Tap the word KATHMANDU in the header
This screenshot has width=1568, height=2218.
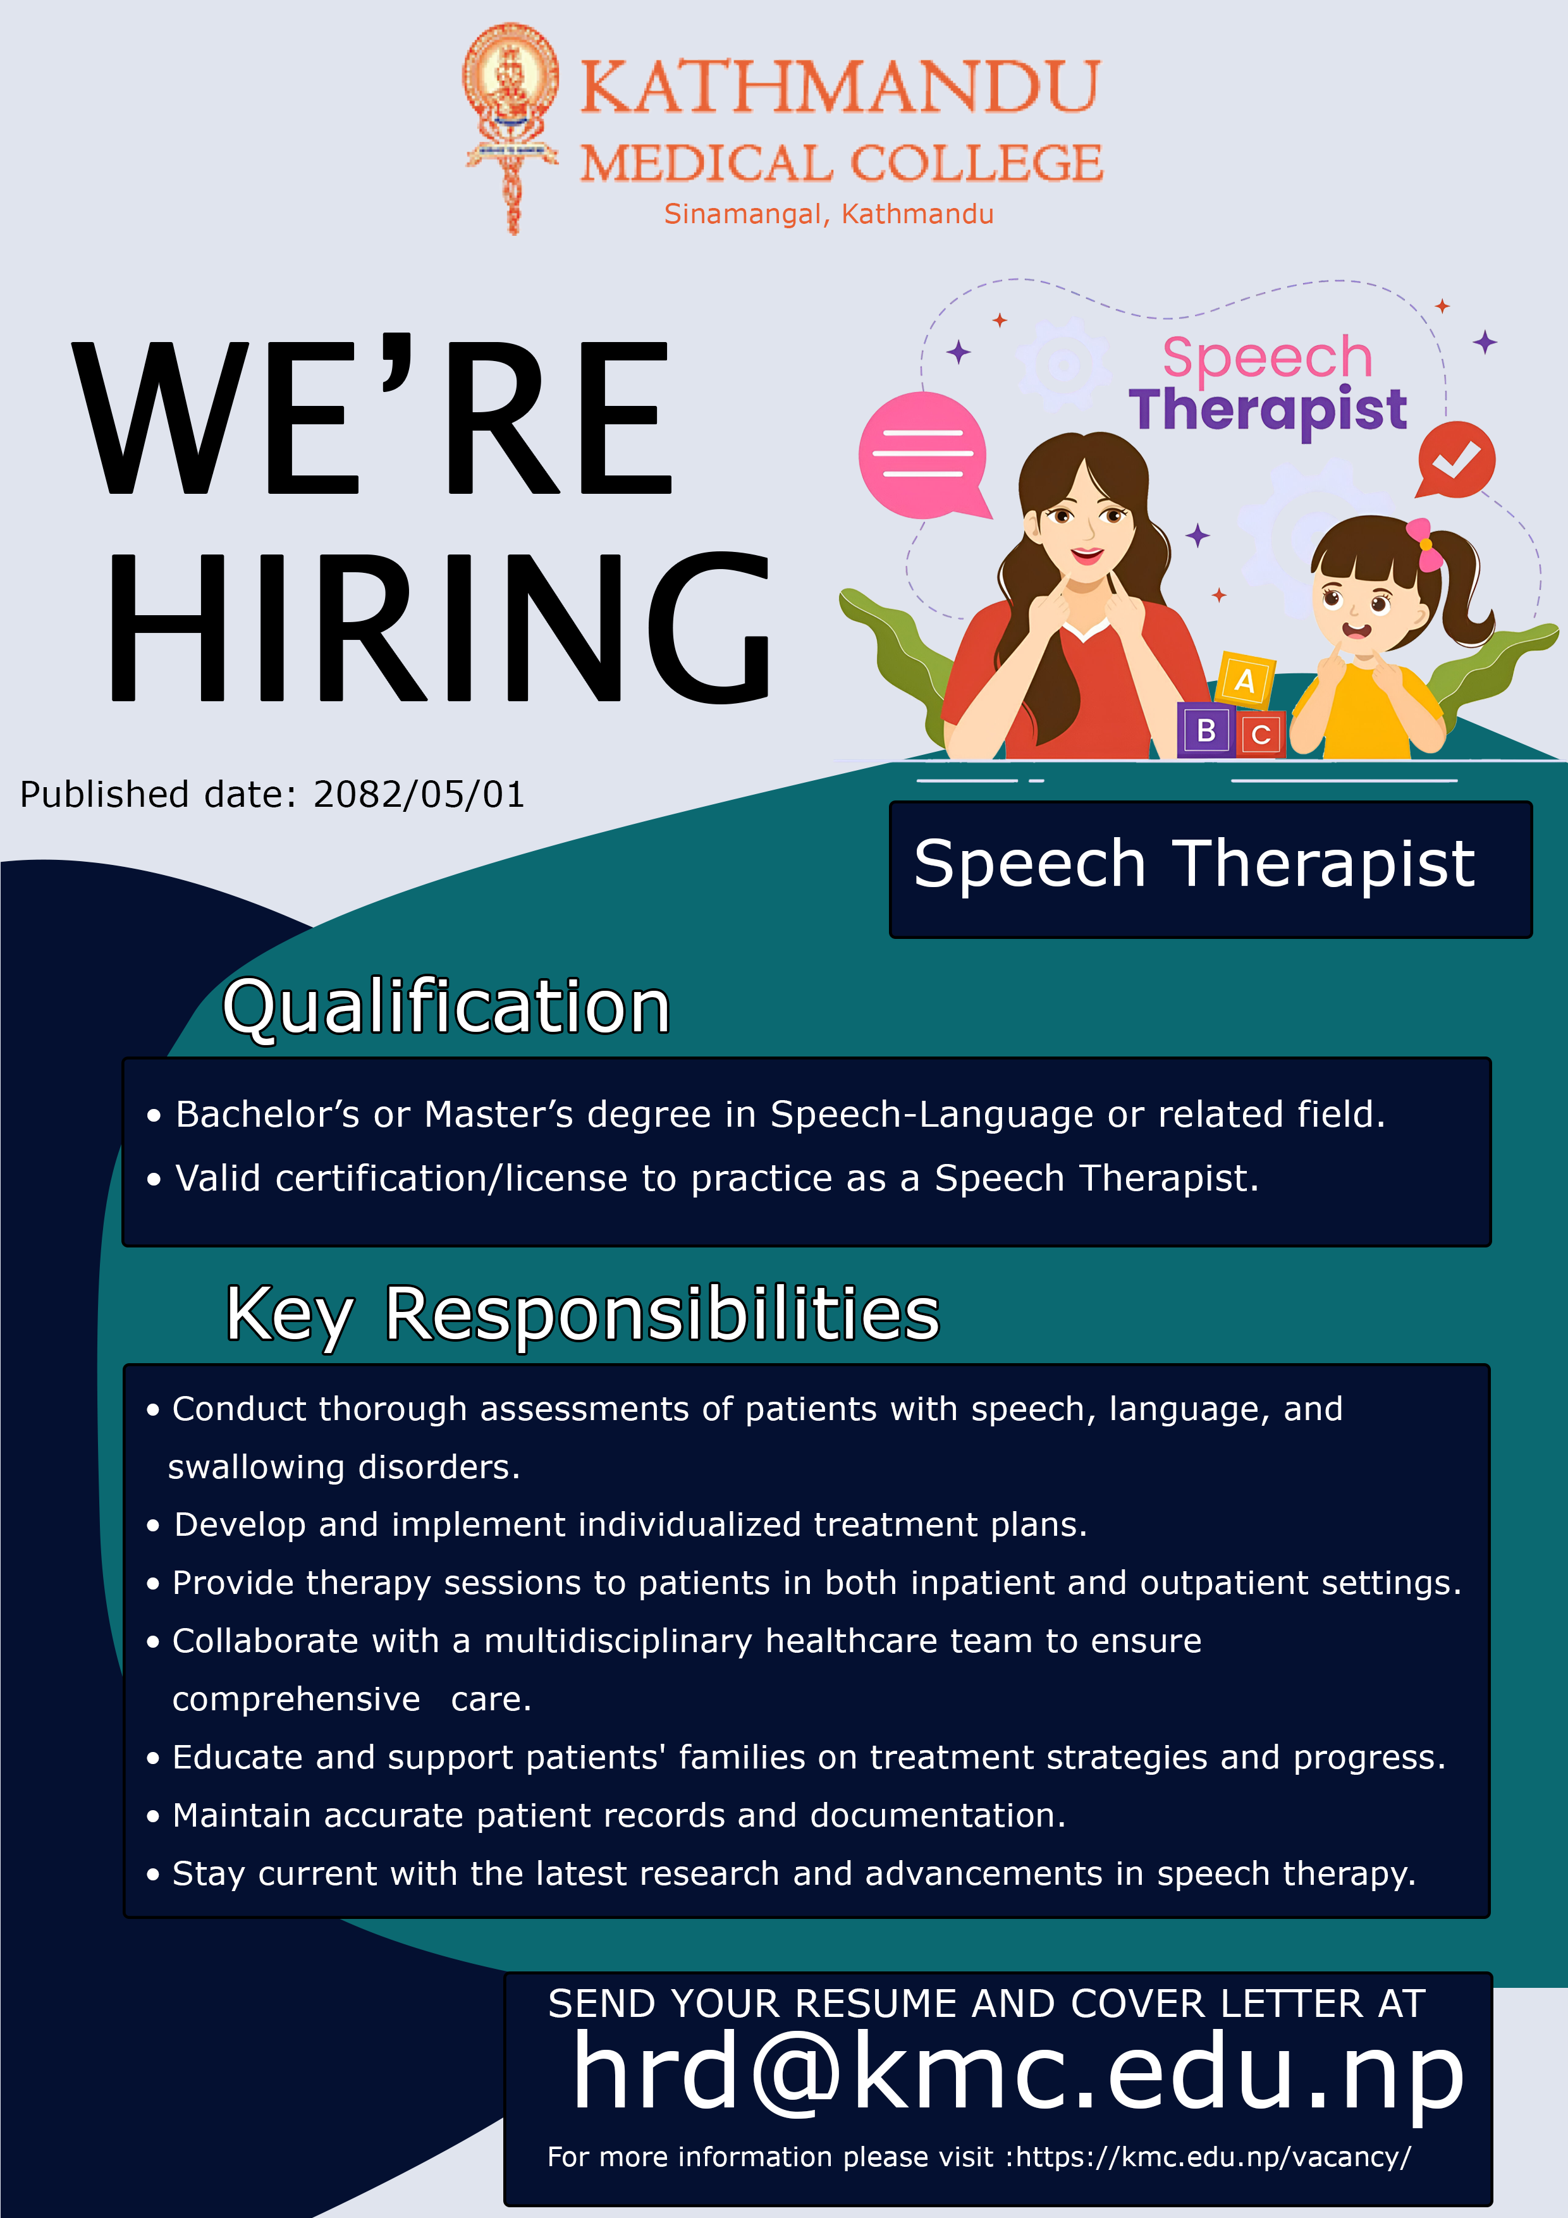pyautogui.click(x=840, y=87)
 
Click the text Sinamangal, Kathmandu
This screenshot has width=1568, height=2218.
pyautogui.click(x=829, y=214)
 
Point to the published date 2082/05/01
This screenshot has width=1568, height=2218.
pyautogui.click(x=419, y=794)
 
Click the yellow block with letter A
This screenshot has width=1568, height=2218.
pyautogui.click(x=1246, y=680)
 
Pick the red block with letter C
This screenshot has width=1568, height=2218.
pyautogui.click(x=1261, y=734)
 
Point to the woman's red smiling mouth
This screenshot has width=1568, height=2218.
pyautogui.click(x=1087, y=556)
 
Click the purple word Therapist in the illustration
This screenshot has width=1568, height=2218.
pyautogui.click(x=1268, y=410)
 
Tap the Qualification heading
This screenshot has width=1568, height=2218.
pyautogui.click(x=446, y=1008)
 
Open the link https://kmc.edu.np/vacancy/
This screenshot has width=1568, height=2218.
pyautogui.click(x=1213, y=2157)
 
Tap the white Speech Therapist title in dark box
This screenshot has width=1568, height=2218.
pyautogui.click(x=1194, y=864)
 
